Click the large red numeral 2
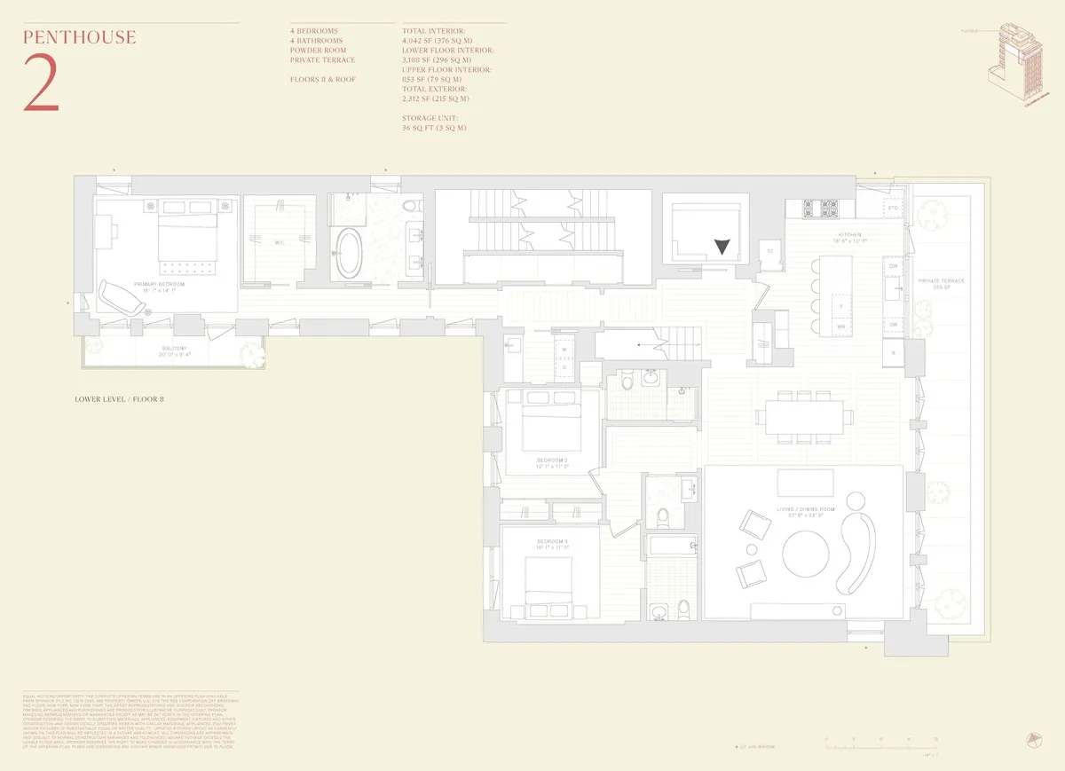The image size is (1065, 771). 42,83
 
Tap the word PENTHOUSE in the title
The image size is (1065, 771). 80,37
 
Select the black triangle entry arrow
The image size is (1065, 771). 723,248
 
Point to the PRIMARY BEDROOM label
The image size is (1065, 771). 157,285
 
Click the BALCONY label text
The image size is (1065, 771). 173,349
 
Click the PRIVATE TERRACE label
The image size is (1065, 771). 942,280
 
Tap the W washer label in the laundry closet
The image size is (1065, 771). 563,350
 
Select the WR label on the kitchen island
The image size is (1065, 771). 840,326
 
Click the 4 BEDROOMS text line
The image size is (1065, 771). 313,31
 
